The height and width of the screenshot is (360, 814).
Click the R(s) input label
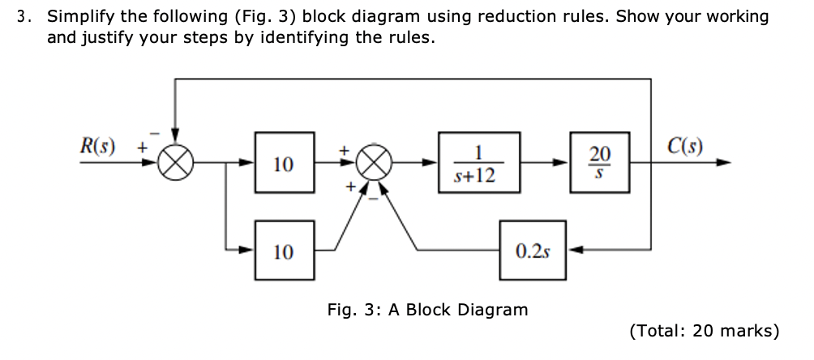[x=97, y=147]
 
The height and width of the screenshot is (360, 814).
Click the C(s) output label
[x=686, y=147]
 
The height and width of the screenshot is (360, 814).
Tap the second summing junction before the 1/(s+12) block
[x=373, y=163]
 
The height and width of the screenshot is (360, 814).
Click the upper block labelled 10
[x=285, y=163]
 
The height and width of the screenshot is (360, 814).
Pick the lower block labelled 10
[x=285, y=251]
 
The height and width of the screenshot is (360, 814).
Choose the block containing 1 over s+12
[x=479, y=163]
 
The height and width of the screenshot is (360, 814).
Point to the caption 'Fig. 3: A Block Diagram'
[x=427, y=310]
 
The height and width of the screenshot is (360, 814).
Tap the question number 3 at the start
[x=24, y=17]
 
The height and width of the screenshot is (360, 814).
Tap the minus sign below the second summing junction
[x=374, y=197]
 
